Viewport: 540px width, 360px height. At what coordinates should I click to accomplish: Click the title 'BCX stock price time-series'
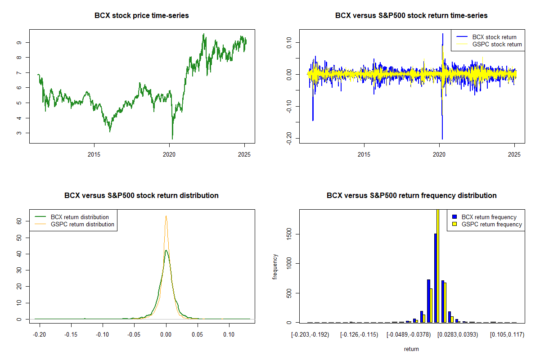(141, 16)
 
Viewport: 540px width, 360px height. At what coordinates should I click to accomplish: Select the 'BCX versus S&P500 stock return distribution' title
(141, 196)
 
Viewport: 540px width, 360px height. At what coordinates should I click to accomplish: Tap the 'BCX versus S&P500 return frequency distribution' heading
(411, 196)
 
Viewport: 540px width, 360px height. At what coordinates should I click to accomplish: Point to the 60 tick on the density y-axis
(19, 221)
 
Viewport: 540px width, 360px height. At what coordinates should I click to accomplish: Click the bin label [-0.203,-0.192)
(310, 335)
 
